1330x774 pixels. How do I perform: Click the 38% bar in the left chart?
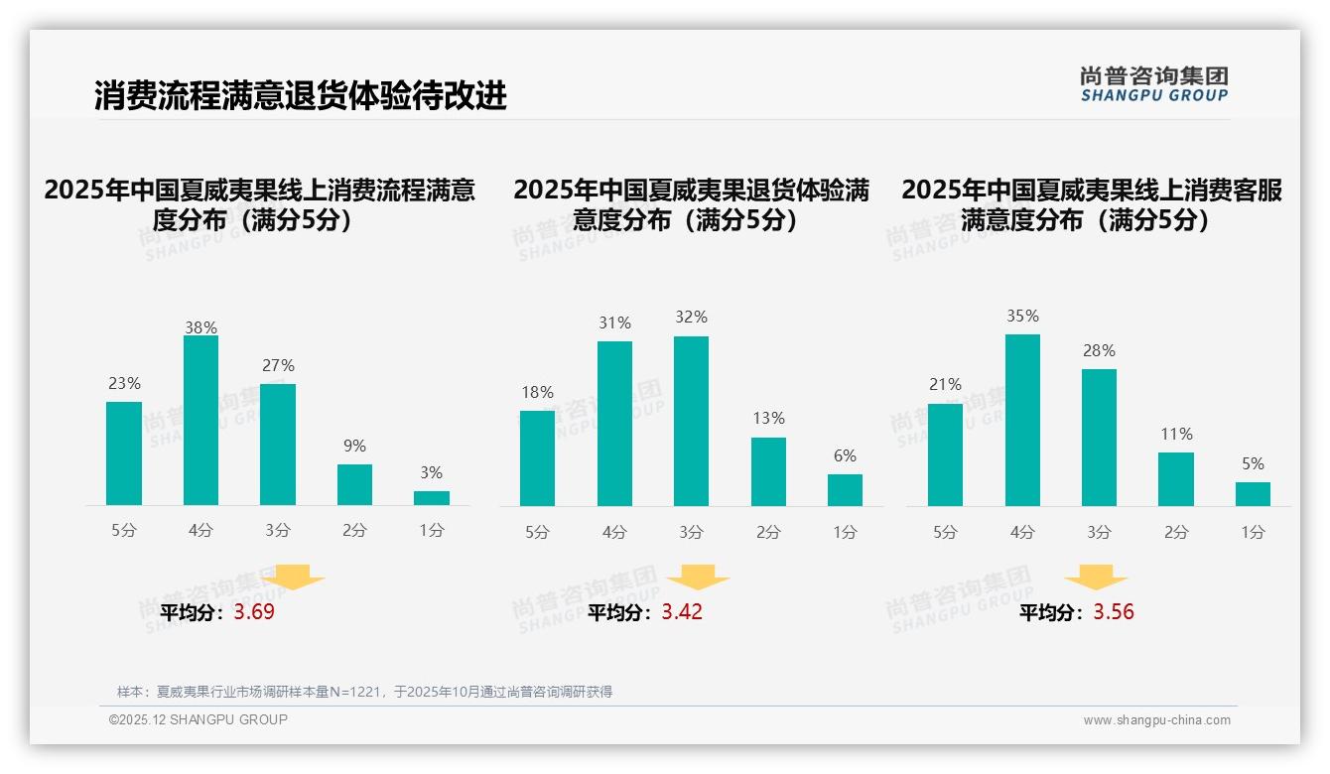[x=200, y=420]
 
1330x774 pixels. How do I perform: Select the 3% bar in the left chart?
[x=431, y=498]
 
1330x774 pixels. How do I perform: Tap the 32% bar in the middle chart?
[x=691, y=421]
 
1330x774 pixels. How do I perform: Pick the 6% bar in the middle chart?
[x=845, y=490]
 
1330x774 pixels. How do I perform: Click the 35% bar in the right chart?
[x=1022, y=420]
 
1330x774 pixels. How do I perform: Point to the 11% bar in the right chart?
[x=1176, y=479]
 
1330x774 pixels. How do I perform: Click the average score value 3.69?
[x=254, y=612]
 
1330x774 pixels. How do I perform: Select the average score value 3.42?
[x=682, y=612]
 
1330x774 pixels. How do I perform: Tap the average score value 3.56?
[x=1114, y=612]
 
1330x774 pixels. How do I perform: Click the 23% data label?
[x=124, y=383]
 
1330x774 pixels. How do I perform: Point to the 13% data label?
[x=768, y=419]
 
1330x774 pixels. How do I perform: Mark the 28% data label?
[x=1099, y=350]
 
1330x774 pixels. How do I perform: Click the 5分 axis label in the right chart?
[x=945, y=533]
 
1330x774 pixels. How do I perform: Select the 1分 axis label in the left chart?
[x=431, y=531]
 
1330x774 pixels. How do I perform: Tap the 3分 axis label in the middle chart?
[x=691, y=533]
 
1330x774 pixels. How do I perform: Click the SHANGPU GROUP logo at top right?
[x=1154, y=84]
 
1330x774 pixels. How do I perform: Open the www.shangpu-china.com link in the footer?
[x=1156, y=720]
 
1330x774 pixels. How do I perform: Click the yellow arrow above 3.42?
[x=698, y=580]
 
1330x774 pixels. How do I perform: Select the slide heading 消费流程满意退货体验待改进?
[x=301, y=95]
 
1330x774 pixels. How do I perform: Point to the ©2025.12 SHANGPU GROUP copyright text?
[x=199, y=719]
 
